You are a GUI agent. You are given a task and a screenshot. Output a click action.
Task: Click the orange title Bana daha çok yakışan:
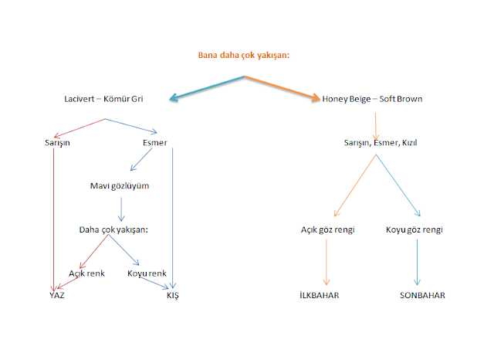(246, 56)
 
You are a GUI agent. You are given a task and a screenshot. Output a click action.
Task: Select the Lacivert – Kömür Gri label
(104, 99)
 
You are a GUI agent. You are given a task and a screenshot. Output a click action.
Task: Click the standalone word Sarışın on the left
(58, 142)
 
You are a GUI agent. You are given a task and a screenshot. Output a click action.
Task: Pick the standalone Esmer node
(154, 142)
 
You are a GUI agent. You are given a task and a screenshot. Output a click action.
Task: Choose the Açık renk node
(86, 273)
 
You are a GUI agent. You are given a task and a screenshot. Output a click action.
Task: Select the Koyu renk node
(147, 273)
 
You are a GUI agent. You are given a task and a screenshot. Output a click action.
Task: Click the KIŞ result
(173, 295)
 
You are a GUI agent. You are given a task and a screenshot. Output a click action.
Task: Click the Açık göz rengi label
(328, 229)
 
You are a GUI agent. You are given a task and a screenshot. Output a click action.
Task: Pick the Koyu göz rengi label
(414, 229)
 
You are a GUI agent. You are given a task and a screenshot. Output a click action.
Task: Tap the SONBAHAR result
(421, 295)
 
